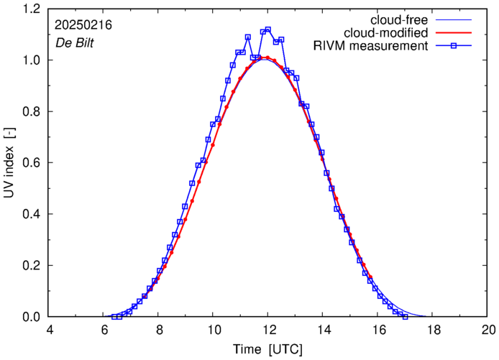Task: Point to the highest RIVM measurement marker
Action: pyautogui.click(x=268, y=30)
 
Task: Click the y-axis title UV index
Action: pyautogui.click(x=10, y=163)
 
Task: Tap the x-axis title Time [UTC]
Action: pyautogui.click(x=268, y=350)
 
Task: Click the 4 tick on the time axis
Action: pyautogui.click(x=49, y=331)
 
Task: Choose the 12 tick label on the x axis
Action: pyautogui.click(x=268, y=331)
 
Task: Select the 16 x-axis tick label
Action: pyautogui.click(x=378, y=331)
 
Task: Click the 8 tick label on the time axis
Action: pyautogui.click(x=159, y=331)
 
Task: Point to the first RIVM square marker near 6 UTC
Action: pyautogui.click(x=115, y=317)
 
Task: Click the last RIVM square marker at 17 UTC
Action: pyautogui.click(x=406, y=316)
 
